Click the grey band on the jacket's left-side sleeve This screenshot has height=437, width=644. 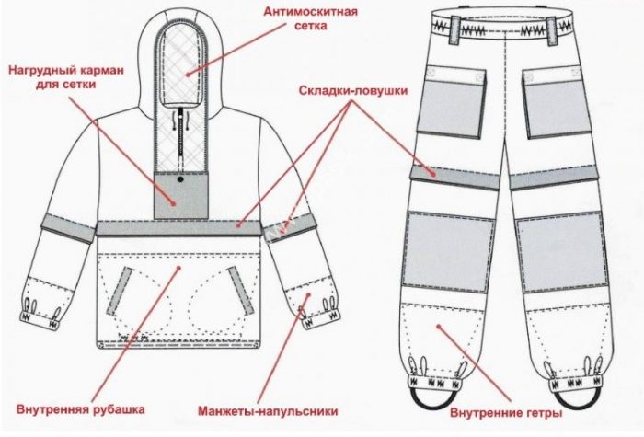click(x=69, y=228)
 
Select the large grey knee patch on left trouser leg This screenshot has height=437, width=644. click(x=444, y=248)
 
